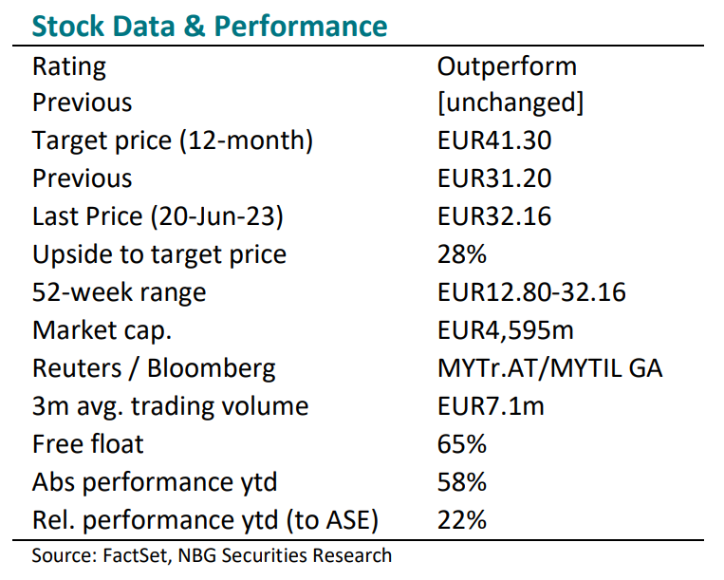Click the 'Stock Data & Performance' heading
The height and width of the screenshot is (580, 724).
(210, 26)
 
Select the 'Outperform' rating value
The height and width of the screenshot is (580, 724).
(507, 67)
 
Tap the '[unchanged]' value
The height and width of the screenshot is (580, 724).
(511, 103)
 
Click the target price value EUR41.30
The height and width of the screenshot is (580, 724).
(494, 140)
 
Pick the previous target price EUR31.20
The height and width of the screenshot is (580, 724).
(494, 178)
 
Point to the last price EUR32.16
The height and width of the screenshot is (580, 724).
(494, 216)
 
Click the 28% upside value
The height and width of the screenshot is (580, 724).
(462, 254)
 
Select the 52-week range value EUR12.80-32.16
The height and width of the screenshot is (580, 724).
(531, 291)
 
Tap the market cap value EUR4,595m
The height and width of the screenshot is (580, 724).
(506, 330)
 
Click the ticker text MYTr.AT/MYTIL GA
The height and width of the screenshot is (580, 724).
(550, 368)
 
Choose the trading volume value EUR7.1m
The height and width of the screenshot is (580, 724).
(491, 406)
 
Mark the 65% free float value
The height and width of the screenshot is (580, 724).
(462, 443)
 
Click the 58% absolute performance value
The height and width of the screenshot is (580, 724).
(462, 481)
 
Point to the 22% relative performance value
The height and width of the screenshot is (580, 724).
(462, 520)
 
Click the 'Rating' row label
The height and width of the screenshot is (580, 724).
(69, 67)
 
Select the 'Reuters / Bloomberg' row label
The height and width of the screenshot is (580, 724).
(154, 369)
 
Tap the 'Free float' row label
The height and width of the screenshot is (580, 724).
(87, 443)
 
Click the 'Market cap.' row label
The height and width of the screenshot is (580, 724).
(102, 331)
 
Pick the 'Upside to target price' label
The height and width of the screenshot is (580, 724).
(159, 255)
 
